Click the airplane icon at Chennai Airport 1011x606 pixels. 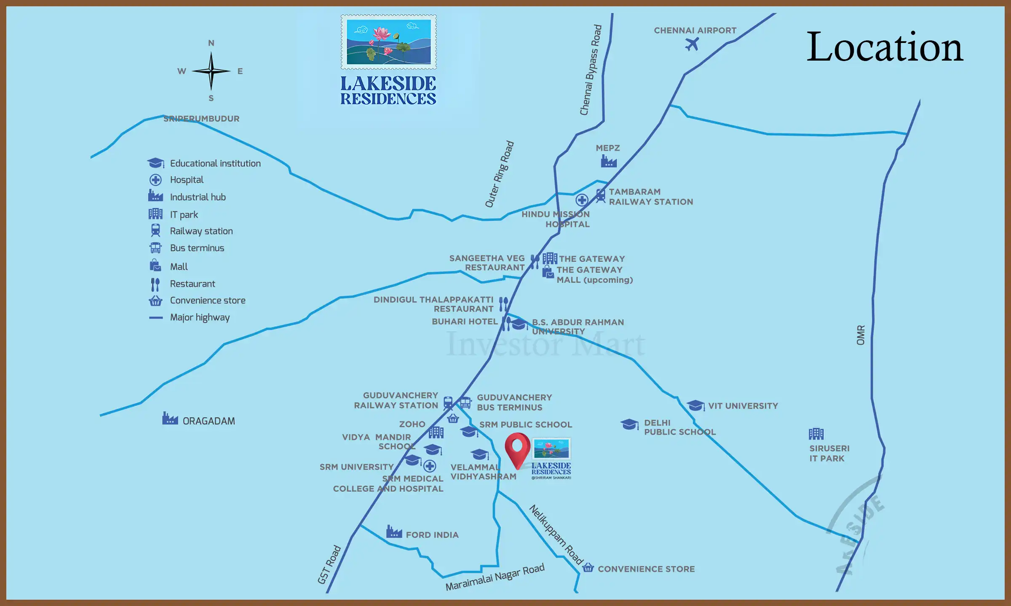[x=692, y=44]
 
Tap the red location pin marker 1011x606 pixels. [x=517, y=449]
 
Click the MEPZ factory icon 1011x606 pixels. [x=609, y=161]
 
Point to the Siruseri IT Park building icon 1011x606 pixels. [x=816, y=433]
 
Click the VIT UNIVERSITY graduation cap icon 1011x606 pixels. [x=695, y=405]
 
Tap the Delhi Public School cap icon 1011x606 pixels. [x=629, y=424]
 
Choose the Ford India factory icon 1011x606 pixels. [x=394, y=532]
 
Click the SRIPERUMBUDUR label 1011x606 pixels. [x=201, y=119]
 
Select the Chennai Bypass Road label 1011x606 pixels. [x=591, y=70]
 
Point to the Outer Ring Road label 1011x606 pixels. [x=500, y=174]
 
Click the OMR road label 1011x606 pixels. [x=861, y=335]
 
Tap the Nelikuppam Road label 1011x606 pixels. [x=556, y=534]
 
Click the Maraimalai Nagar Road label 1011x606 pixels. [x=495, y=577]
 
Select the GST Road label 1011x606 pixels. [x=329, y=565]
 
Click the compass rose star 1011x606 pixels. [x=211, y=71]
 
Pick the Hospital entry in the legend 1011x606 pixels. [x=187, y=180]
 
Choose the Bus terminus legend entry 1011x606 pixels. [x=197, y=248]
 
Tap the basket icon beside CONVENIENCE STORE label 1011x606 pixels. [x=588, y=568]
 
